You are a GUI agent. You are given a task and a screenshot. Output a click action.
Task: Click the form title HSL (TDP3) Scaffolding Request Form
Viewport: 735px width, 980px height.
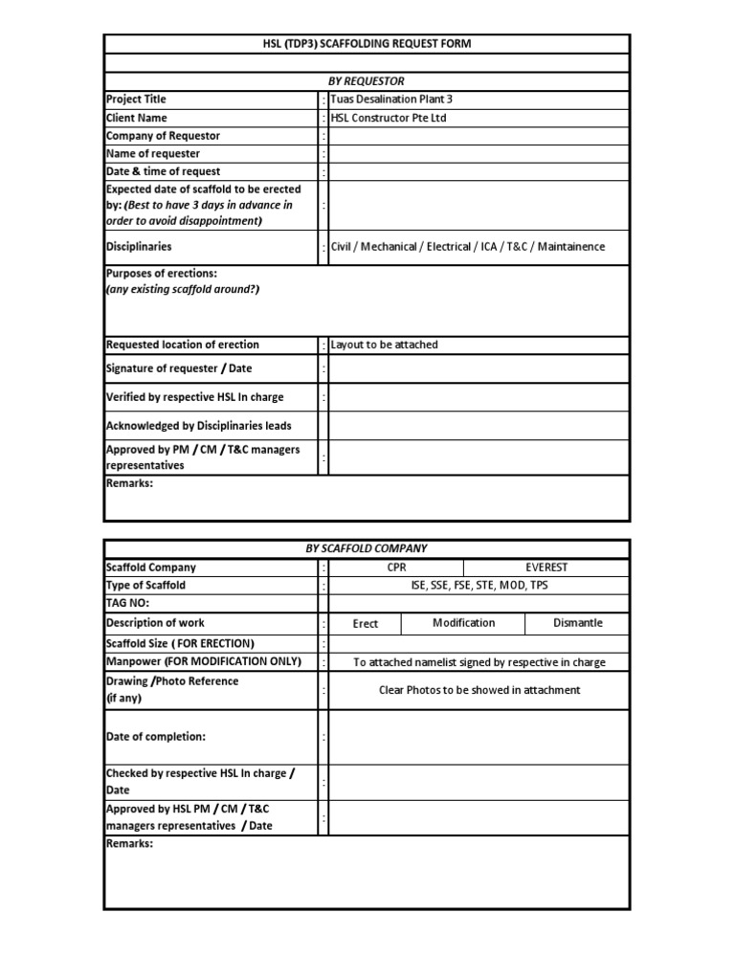[367, 44]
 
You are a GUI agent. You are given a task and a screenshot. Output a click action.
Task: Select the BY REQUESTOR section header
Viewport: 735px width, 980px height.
[367, 81]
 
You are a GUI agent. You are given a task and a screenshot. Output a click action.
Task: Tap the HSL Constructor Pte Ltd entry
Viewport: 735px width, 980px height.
[389, 118]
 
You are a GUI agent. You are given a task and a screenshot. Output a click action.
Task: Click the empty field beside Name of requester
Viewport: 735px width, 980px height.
[479, 154]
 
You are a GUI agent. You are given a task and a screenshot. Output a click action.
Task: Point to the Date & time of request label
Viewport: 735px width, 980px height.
[163, 172]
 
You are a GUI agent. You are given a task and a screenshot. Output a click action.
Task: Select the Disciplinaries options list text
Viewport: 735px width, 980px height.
[468, 247]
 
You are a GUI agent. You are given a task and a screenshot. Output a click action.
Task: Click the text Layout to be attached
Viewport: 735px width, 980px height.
[385, 345]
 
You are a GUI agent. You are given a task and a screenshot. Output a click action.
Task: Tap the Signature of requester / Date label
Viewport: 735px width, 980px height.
[179, 368]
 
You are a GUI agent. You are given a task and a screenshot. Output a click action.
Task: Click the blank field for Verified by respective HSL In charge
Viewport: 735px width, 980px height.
[479, 397]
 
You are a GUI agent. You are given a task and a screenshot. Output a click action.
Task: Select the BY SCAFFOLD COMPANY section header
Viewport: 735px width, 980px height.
[367, 548]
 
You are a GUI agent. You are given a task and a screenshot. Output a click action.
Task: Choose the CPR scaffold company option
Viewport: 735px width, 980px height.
[396, 568]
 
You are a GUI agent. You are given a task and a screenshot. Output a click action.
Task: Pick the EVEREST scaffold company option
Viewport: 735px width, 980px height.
[546, 568]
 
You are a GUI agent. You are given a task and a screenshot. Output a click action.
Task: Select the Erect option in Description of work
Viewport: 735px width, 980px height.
[366, 623]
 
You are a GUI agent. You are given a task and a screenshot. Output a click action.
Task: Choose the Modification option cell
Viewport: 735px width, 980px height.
[464, 623]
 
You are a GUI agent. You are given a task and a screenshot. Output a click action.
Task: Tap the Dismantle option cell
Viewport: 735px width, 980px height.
[578, 623]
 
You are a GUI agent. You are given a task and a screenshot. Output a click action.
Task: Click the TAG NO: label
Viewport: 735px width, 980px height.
[128, 604]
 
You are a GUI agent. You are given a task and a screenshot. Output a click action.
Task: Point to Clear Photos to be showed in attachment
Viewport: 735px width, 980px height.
[479, 690]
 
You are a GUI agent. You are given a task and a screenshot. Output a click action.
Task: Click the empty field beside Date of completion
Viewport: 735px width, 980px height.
[479, 737]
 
